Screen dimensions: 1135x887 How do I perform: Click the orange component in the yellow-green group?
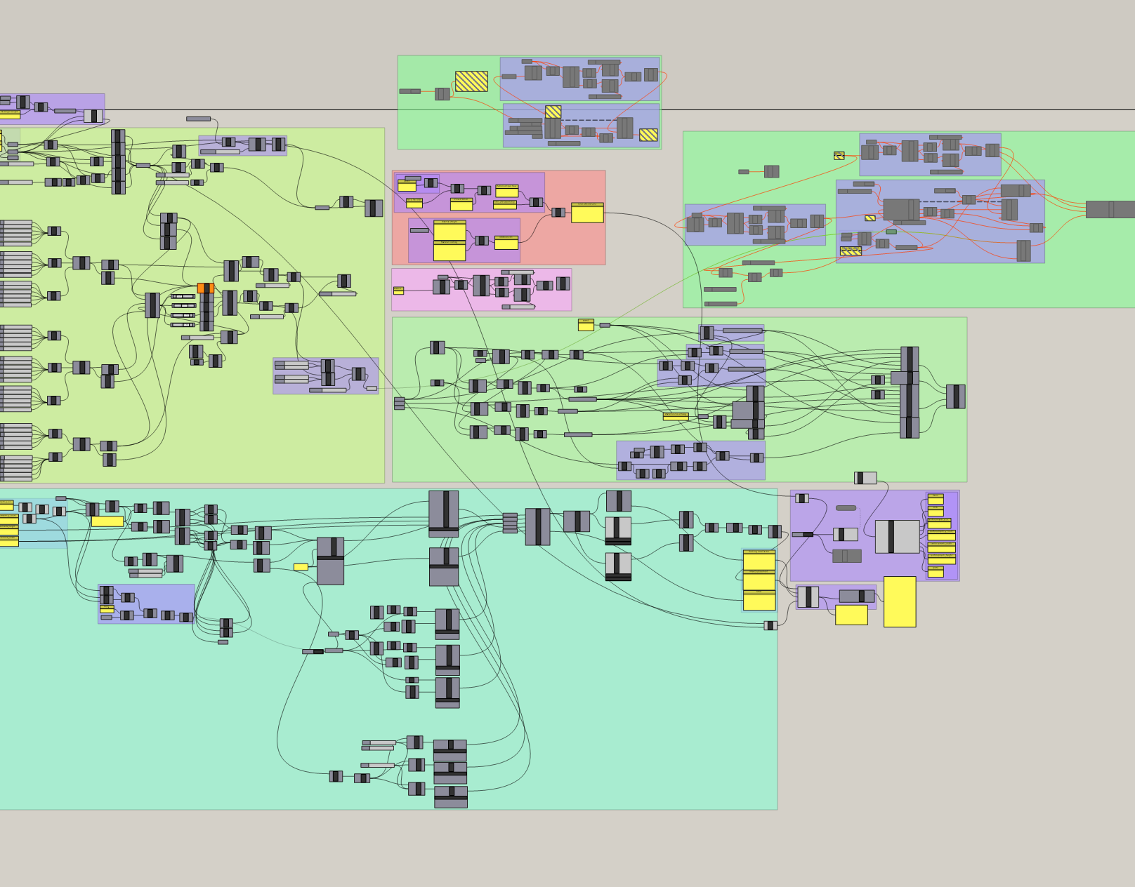point(205,288)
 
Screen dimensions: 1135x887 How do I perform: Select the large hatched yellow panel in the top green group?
point(471,81)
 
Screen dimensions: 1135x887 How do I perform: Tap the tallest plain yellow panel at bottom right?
point(900,601)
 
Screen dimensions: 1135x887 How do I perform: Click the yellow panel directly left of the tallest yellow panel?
point(851,615)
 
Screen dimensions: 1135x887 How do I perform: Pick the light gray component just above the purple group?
point(865,478)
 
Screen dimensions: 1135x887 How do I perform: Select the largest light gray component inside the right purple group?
point(897,537)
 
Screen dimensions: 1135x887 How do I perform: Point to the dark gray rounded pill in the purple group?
point(846,508)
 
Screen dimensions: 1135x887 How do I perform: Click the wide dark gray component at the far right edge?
point(1110,209)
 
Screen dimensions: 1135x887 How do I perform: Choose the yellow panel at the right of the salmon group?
point(587,213)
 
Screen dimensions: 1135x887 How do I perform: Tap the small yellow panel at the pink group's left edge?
point(398,291)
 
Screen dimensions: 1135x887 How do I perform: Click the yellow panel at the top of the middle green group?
point(586,325)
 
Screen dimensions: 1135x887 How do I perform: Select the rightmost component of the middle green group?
point(955,396)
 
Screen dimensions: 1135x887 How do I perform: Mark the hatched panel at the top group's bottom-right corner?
point(648,135)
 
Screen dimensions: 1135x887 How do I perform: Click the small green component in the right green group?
point(891,232)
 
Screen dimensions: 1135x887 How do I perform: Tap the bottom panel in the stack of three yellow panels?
point(759,601)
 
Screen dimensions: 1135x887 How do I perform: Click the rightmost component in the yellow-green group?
point(374,208)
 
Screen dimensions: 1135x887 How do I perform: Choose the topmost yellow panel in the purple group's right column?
point(936,499)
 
